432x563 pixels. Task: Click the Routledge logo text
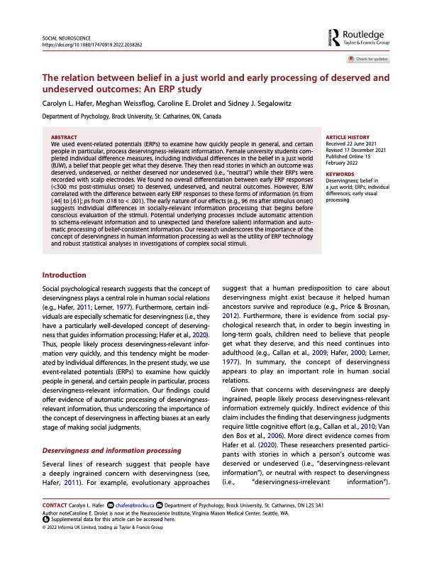coord(364,33)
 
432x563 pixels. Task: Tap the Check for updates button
coord(370,59)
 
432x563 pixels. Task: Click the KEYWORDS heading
coord(339,173)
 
